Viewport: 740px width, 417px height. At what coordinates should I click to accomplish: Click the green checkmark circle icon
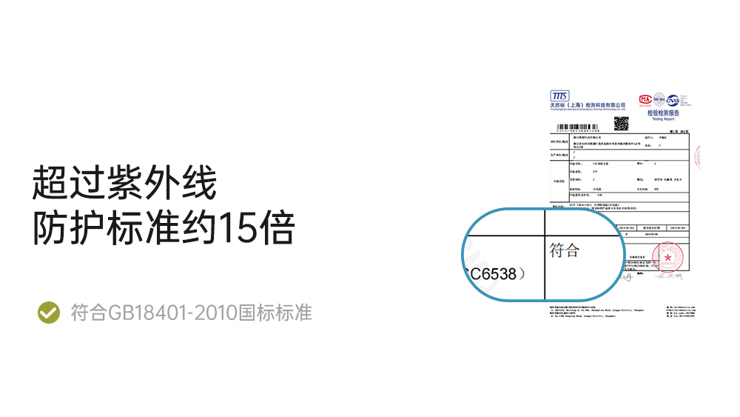coord(49,313)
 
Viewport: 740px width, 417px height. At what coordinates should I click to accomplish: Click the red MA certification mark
coord(644,99)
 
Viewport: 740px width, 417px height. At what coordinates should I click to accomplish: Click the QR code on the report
coord(622,122)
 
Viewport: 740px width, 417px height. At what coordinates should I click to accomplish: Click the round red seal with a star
coord(668,257)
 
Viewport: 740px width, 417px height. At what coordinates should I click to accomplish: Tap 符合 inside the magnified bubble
coord(565,250)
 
